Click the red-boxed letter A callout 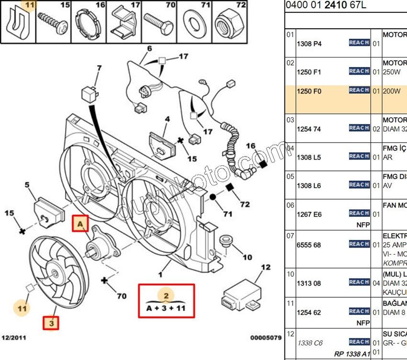coord(80,224)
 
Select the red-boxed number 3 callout coord(51,324)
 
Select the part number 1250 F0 coord(309,91)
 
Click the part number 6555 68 coord(309,245)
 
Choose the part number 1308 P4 coord(309,44)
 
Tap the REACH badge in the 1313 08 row coord(359,282)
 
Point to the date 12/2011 coord(17,338)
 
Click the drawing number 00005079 coord(265,338)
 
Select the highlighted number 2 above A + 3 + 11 coord(166,295)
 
